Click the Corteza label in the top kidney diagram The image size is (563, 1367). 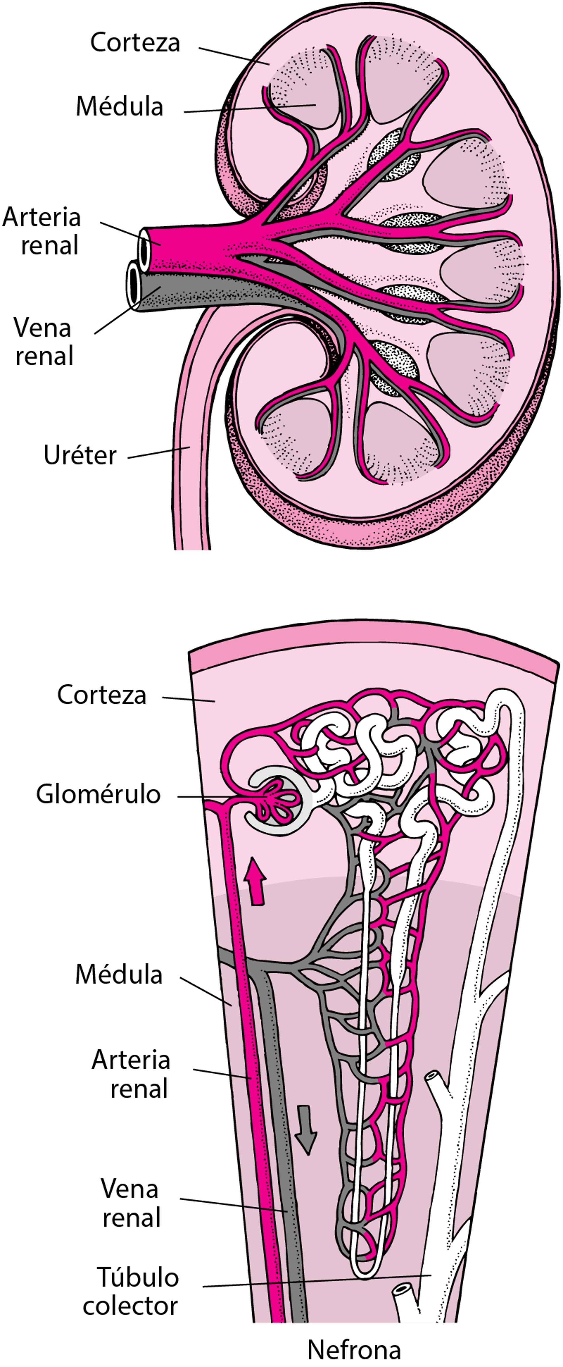pyautogui.click(x=135, y=43)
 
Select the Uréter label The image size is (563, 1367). pyautogui.click(x=80, y=455)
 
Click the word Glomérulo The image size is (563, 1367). pyautogui.click(x=98, y=794)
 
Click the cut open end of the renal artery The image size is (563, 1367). pyautogui.click(x=144, y=247)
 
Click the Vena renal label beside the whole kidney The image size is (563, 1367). pyautogui.click(x=43, y=341)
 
